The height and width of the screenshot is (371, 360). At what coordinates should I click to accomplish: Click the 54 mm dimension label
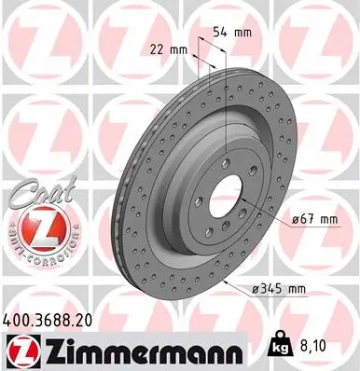(232, 33)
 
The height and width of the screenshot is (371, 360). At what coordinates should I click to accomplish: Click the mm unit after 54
(243, 33)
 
